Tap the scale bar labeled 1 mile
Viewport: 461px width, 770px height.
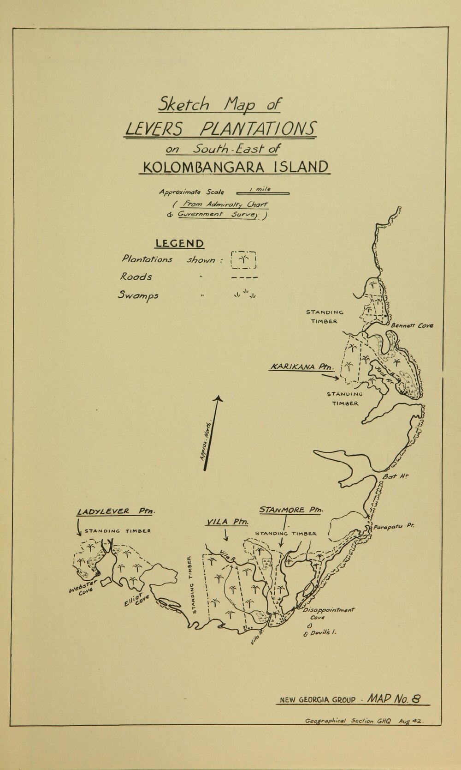click(x=262, y=192)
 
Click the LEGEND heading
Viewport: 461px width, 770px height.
click(x=180, y=243)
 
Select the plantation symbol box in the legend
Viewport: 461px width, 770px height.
click(x=243, y=260)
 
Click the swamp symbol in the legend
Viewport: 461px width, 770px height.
click(x=244, y=294)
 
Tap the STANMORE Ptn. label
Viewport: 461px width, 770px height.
click(x=291, y=511)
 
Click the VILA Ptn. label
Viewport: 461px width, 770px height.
click(x=227, y=522)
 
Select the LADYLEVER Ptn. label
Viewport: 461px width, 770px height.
click(x=116, y=512)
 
